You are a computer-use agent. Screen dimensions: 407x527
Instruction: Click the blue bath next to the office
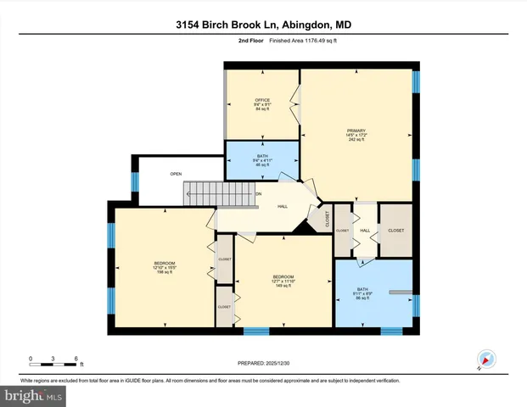point(262,160)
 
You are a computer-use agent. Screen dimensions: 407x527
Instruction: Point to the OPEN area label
point(176,174)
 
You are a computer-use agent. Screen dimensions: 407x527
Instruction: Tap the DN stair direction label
point(259,194)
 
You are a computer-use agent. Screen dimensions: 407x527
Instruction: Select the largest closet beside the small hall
point(396,230)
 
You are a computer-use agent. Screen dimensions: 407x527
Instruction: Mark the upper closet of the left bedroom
point(225,260)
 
